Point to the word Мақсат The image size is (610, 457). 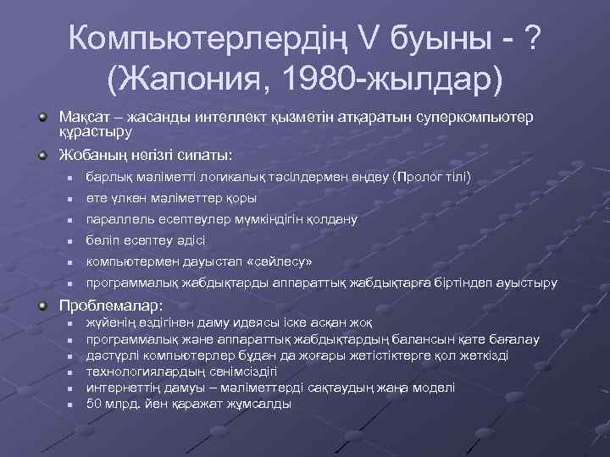[x=83, y=116]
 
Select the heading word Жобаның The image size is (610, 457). [x=88, y=155]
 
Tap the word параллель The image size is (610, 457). [x=118, y=219]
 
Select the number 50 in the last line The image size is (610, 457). [x=95, y=404]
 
